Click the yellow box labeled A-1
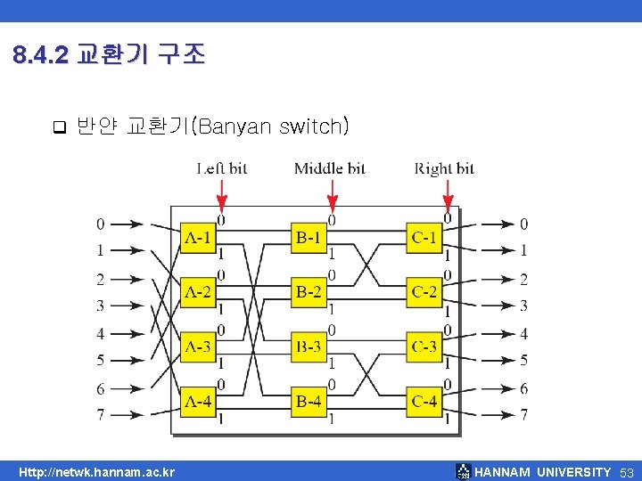[198, 238]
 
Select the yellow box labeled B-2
[309, 292]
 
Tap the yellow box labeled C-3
[424, 347]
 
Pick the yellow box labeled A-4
[198, 402]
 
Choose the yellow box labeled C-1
[424, 238]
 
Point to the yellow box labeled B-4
[309, 402]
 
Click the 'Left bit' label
[222, 168]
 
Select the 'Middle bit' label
[330, 168]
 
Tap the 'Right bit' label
[444, 168]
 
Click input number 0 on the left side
[101, 224]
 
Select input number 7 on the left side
[101, 415]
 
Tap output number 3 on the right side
[524, 306]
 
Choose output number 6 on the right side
[524, 388]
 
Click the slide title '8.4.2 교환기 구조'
[110, 56]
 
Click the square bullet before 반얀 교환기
[59, 126]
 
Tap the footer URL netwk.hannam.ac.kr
[98, 472]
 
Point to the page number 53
[626, 472]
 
